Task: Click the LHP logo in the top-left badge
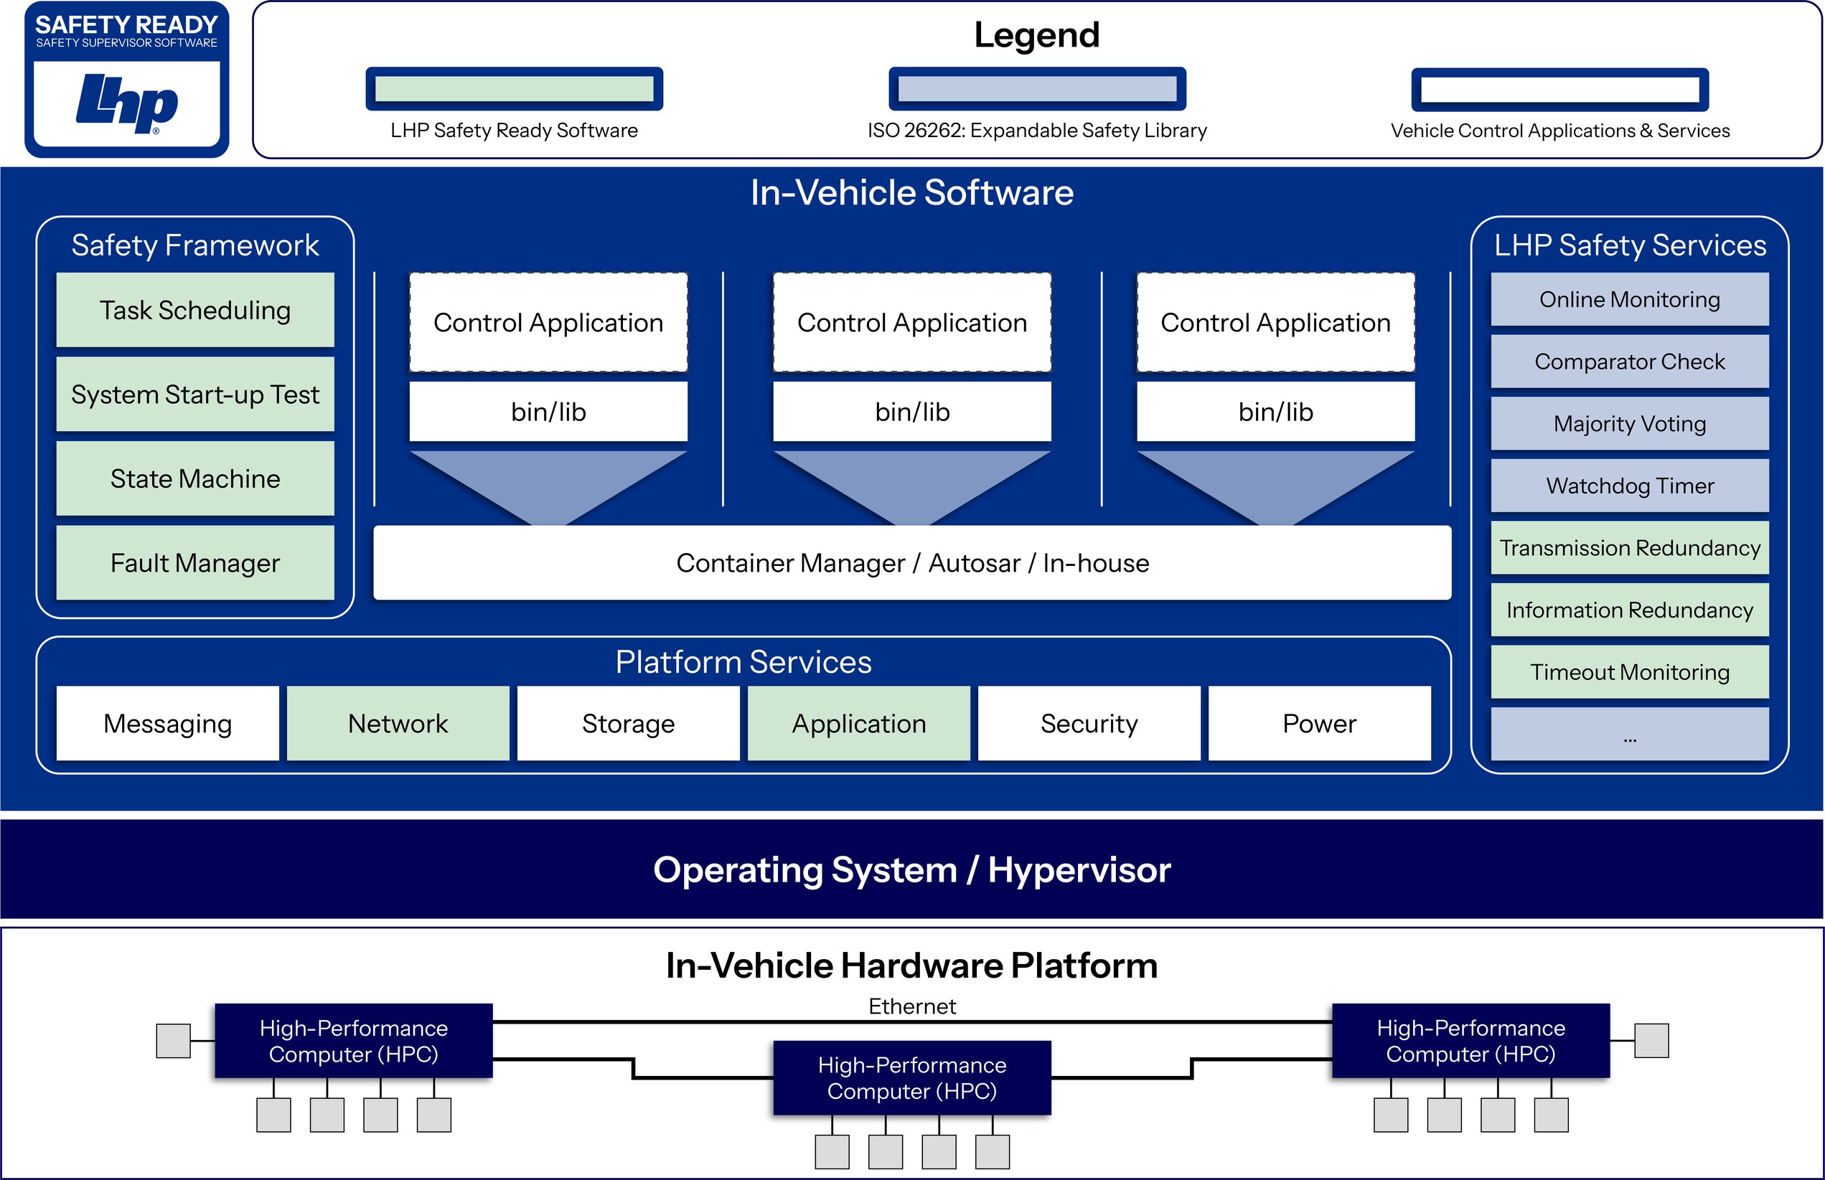(x=126, y=103)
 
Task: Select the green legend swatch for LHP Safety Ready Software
(x=514, y=89)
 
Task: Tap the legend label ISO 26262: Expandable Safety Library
(x=1036, y=131)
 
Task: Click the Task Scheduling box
(x=194, y=311)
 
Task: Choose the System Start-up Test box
(x=194, y=395)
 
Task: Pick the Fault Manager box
(x=194, y=563)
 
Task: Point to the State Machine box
(x=194, y=479)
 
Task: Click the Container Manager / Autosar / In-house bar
(x=911, y=563)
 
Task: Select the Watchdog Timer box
(x=1629, y=486)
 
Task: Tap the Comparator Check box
(x=1629, y=362)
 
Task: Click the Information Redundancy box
(x=1629, y=610)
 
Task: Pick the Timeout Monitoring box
(x=1629, y=672)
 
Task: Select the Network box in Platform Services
(x=398, y=723)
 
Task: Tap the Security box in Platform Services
(x=1089, y=723)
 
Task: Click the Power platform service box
(x=1318, y=723)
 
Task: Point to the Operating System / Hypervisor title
(x=911, y=869)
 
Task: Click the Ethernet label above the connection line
(x=911, y=1006)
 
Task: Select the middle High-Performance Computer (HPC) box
(x=911, y=1077)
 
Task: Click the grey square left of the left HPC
(x=173, y=1041)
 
